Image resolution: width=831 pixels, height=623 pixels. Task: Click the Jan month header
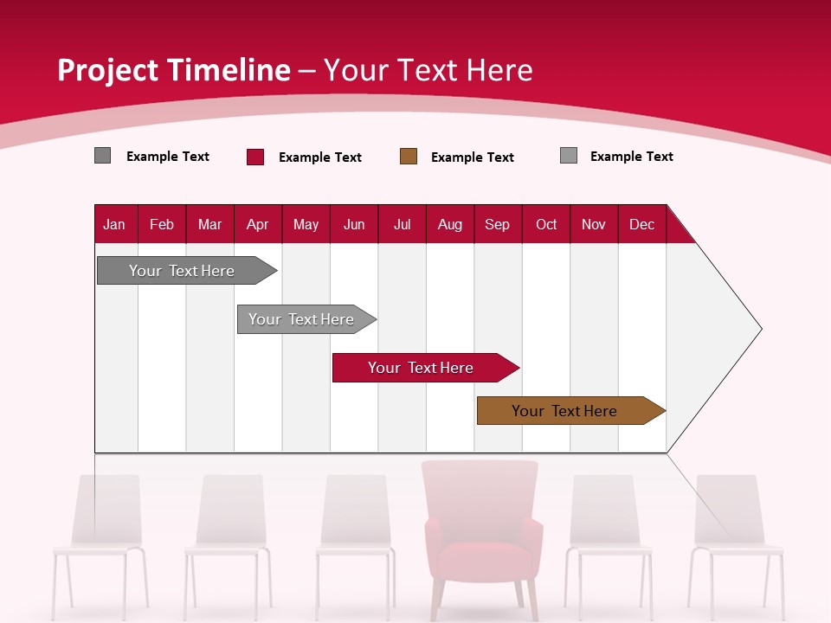[114, 225]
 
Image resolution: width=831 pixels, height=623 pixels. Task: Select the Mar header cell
[209, 225]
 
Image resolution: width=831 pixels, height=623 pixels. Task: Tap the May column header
[306, 225]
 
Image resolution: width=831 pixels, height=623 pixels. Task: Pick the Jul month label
[402, 225]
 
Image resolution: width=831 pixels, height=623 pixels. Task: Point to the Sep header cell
[497, 225]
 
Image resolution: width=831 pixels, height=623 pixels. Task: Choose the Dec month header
[641, 225]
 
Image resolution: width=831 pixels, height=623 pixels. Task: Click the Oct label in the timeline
[546, 225]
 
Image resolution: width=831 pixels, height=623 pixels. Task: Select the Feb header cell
[162, 225]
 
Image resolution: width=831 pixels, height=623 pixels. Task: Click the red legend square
[255, 157]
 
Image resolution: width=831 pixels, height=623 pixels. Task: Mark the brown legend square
[409, 157]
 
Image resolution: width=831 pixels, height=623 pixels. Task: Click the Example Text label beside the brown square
[473, 157]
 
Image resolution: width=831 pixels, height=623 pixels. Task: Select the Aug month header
[449, 225]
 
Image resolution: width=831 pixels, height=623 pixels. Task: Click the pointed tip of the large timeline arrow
[759, 329]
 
